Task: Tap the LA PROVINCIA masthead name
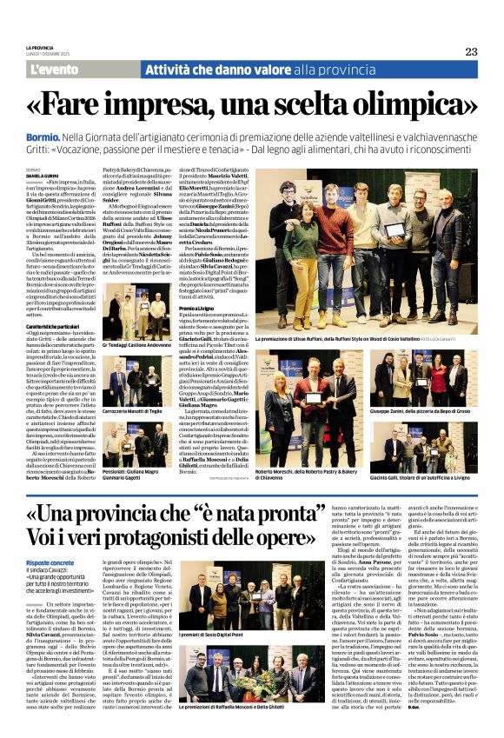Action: click(x=40, y=48)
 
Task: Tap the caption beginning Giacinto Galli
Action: click(x=415, y=479)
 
